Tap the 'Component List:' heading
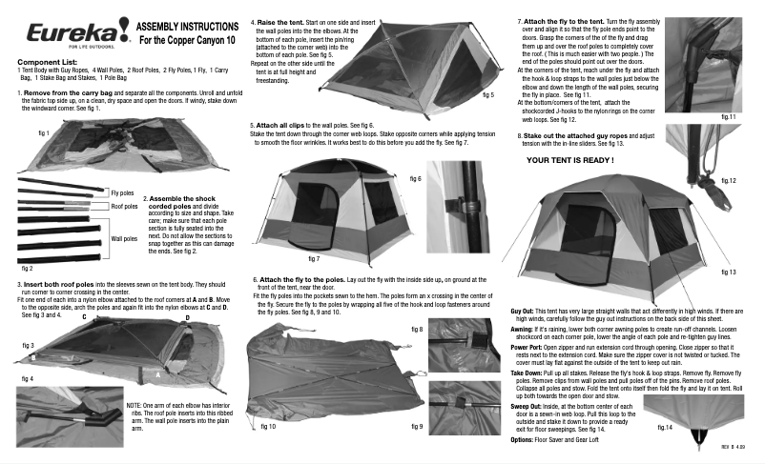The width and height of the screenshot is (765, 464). pyautogui.click(x=47, y=62)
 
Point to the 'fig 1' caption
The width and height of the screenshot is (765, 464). pyautogui.click(x=43, y=135)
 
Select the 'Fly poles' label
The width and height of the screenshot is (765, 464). pyautogui.click(x=123, y=192)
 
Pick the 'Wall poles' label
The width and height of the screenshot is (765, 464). pyautogui.click(x=124, y=238)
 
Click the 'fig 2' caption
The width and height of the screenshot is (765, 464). pyautogui.click(x=27, y=270)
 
